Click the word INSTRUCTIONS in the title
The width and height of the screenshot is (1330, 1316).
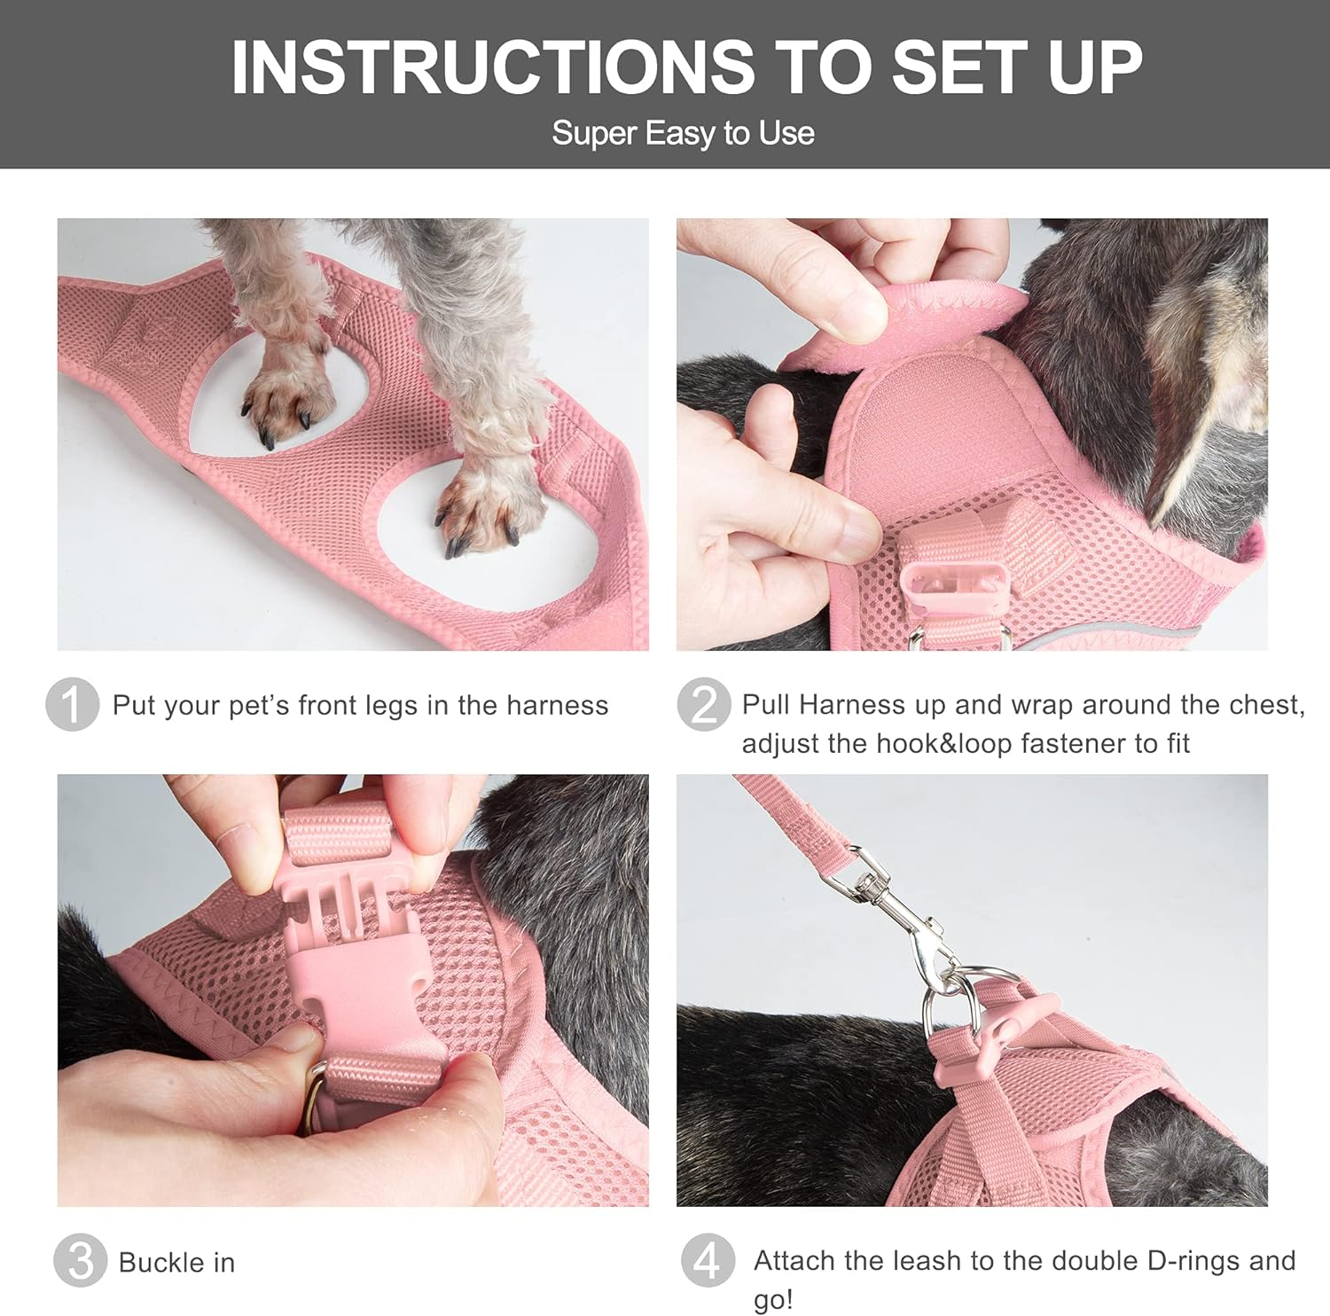click(492, 67)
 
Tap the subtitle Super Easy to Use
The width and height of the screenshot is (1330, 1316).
click(683, 133)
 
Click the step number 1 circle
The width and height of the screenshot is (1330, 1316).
click(71, 705)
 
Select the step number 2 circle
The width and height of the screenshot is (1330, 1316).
click(703, 705)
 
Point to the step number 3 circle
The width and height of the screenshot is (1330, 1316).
click(80, 1260)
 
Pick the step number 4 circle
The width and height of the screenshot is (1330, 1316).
click(708, 1260)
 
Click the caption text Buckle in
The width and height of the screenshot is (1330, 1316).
click(176, 1262)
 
